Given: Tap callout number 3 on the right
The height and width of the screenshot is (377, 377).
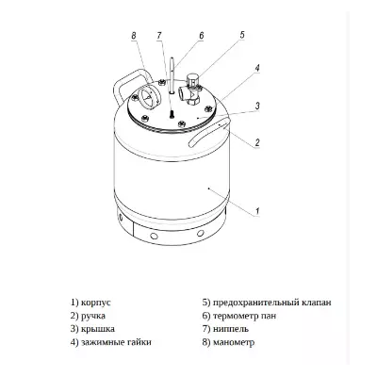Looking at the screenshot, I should pos(257,106).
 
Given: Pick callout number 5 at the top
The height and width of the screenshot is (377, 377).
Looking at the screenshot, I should pos(241,35).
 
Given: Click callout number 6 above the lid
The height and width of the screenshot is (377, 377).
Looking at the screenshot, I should pos(201,35).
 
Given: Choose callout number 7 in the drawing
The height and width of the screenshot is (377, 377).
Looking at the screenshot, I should pos(160,35).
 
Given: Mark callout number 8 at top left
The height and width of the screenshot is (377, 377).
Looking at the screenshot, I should pos(134,36).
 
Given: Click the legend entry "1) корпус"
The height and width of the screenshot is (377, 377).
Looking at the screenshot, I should pos(91,302).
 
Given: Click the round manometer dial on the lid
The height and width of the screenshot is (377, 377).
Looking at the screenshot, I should pos(148,98).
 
